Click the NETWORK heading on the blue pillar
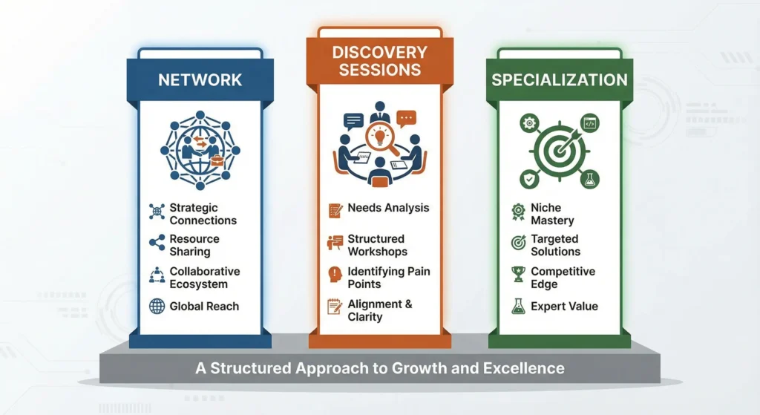(x=200, y=79)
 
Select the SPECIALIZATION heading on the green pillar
(x=559, y=80)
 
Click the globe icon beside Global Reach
(x=157, y=306)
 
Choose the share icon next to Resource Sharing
(x=157, y=243)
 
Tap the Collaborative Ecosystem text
(x=204, y=278)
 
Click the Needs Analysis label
(x=388, y=208)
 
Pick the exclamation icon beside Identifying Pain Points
(x=335, y=275)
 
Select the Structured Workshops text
(x=376, y=245)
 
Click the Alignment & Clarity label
(x=379, y=310)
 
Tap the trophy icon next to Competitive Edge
(x=518, y=275)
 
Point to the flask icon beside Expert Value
(x=518, y=306)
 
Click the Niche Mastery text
(x=552, y=214)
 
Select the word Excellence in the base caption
(x=528, y=367)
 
